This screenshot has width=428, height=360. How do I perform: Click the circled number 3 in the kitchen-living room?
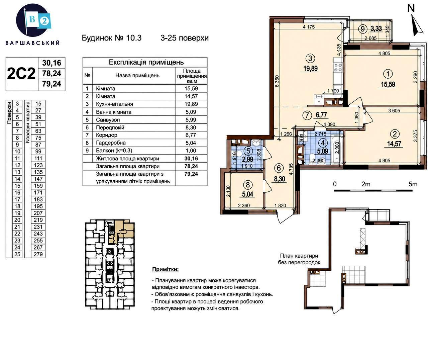(310, 59)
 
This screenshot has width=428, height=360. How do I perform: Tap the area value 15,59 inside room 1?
(388, 85)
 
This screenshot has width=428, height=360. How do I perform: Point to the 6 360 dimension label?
(277, 81)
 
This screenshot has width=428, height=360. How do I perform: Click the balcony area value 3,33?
(376, 28)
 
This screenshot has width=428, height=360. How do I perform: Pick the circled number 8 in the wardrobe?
(248, 185)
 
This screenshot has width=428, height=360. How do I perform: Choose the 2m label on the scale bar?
(366, 184)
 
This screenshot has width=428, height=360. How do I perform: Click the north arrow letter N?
(411, 8)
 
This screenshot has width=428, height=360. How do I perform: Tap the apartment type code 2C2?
(21, 74)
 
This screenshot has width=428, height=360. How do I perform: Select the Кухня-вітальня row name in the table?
(114, 104)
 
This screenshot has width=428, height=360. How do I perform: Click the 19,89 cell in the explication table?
(191, 104)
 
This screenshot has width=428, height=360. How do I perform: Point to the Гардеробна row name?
(111, 143)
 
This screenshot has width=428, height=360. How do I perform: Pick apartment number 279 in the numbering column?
(38, 254)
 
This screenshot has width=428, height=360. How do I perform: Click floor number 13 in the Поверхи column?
(17, 172)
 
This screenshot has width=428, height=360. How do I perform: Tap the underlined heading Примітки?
(165, 269)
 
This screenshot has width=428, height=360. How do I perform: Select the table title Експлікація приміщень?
(146, 62)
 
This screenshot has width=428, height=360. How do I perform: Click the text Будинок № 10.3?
(111, 38)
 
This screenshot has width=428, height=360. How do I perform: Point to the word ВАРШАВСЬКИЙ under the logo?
(32, 43)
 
